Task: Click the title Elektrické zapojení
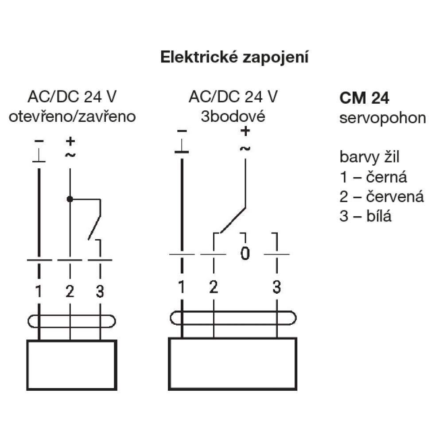pos(234,58)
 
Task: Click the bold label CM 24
pos(364,98)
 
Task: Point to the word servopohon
pos(383,118)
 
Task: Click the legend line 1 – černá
pos(373,178)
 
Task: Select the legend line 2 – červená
pos(381,197)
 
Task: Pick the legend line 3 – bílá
pos(365,216)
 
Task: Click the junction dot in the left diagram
pos(70,199)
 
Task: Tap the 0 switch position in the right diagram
pos(245,254)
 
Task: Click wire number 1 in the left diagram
pos(39,291)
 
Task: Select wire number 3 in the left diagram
pos(100,291)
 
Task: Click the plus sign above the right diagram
pos(245,131)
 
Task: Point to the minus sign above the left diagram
pos(39,140)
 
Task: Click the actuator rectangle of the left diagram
pos(72,365)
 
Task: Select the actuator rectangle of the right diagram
pos(233,365)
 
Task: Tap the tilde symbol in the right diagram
pos(245,148)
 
